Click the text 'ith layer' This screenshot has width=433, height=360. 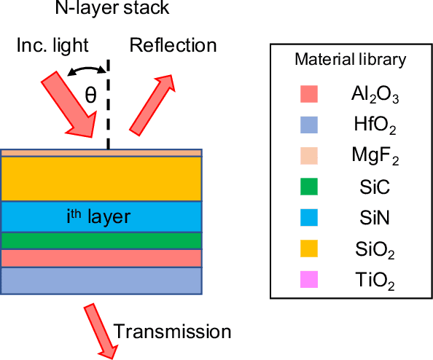pos(101,216)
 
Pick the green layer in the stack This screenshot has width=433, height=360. pos(101,240)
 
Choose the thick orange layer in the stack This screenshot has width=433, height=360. pos(101,179)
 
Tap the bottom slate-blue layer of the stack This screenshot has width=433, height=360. pos(101,281)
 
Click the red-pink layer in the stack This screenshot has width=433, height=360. pos(101,258)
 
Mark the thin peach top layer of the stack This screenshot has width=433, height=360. pos(101,153)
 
